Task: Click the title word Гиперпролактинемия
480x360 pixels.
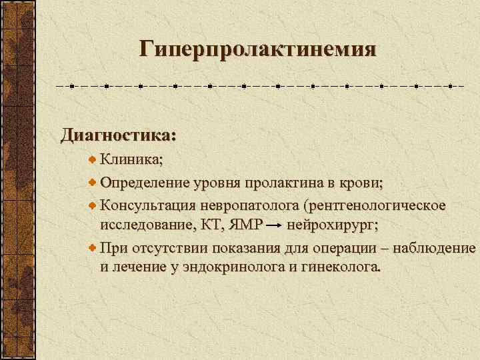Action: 258,49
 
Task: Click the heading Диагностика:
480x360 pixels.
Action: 119,135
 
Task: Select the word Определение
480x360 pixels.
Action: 145,182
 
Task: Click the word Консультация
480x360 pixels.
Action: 147,204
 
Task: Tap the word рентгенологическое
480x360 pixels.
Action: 377,204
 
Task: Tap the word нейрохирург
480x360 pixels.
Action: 332,225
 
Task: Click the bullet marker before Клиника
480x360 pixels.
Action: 93,160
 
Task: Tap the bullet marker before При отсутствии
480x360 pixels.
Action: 93,248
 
